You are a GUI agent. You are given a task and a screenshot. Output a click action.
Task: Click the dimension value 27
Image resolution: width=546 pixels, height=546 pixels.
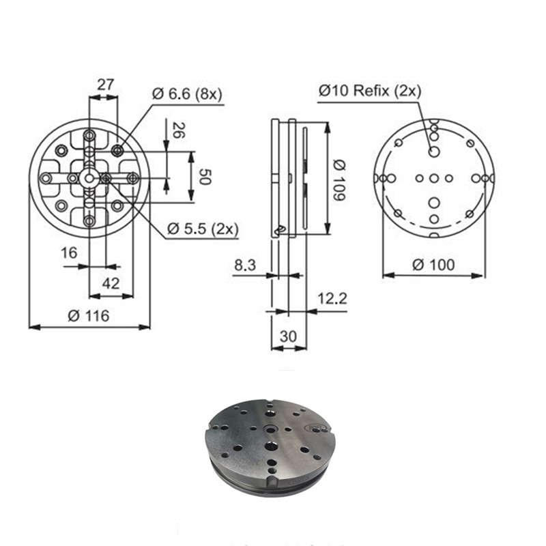click(x=104, y=85)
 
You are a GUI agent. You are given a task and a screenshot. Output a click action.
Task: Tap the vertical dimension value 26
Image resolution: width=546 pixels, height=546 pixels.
click(x=178, y=130)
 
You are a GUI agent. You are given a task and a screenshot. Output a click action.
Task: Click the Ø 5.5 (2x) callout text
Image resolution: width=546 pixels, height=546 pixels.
click(x=203, y=229)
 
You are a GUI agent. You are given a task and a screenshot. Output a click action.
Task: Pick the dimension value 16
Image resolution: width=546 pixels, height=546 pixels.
click(x=69, y=253)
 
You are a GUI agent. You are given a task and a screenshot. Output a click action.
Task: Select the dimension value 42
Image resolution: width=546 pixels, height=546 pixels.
click(x=111, y=283)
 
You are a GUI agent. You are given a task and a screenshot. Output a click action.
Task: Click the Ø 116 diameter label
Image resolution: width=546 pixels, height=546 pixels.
click(x=89, y=315)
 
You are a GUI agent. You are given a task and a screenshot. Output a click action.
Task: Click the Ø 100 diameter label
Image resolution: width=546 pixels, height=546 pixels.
click(x=434, y=264)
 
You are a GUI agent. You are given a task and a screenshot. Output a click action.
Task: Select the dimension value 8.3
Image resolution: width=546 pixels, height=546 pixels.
click(x=245, y=265)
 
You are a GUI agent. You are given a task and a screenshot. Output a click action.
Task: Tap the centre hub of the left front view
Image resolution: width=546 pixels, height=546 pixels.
click(x=89, y=177)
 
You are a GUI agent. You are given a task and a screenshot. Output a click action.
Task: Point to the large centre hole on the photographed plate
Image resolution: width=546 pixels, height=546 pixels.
click(x=272, y=446)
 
